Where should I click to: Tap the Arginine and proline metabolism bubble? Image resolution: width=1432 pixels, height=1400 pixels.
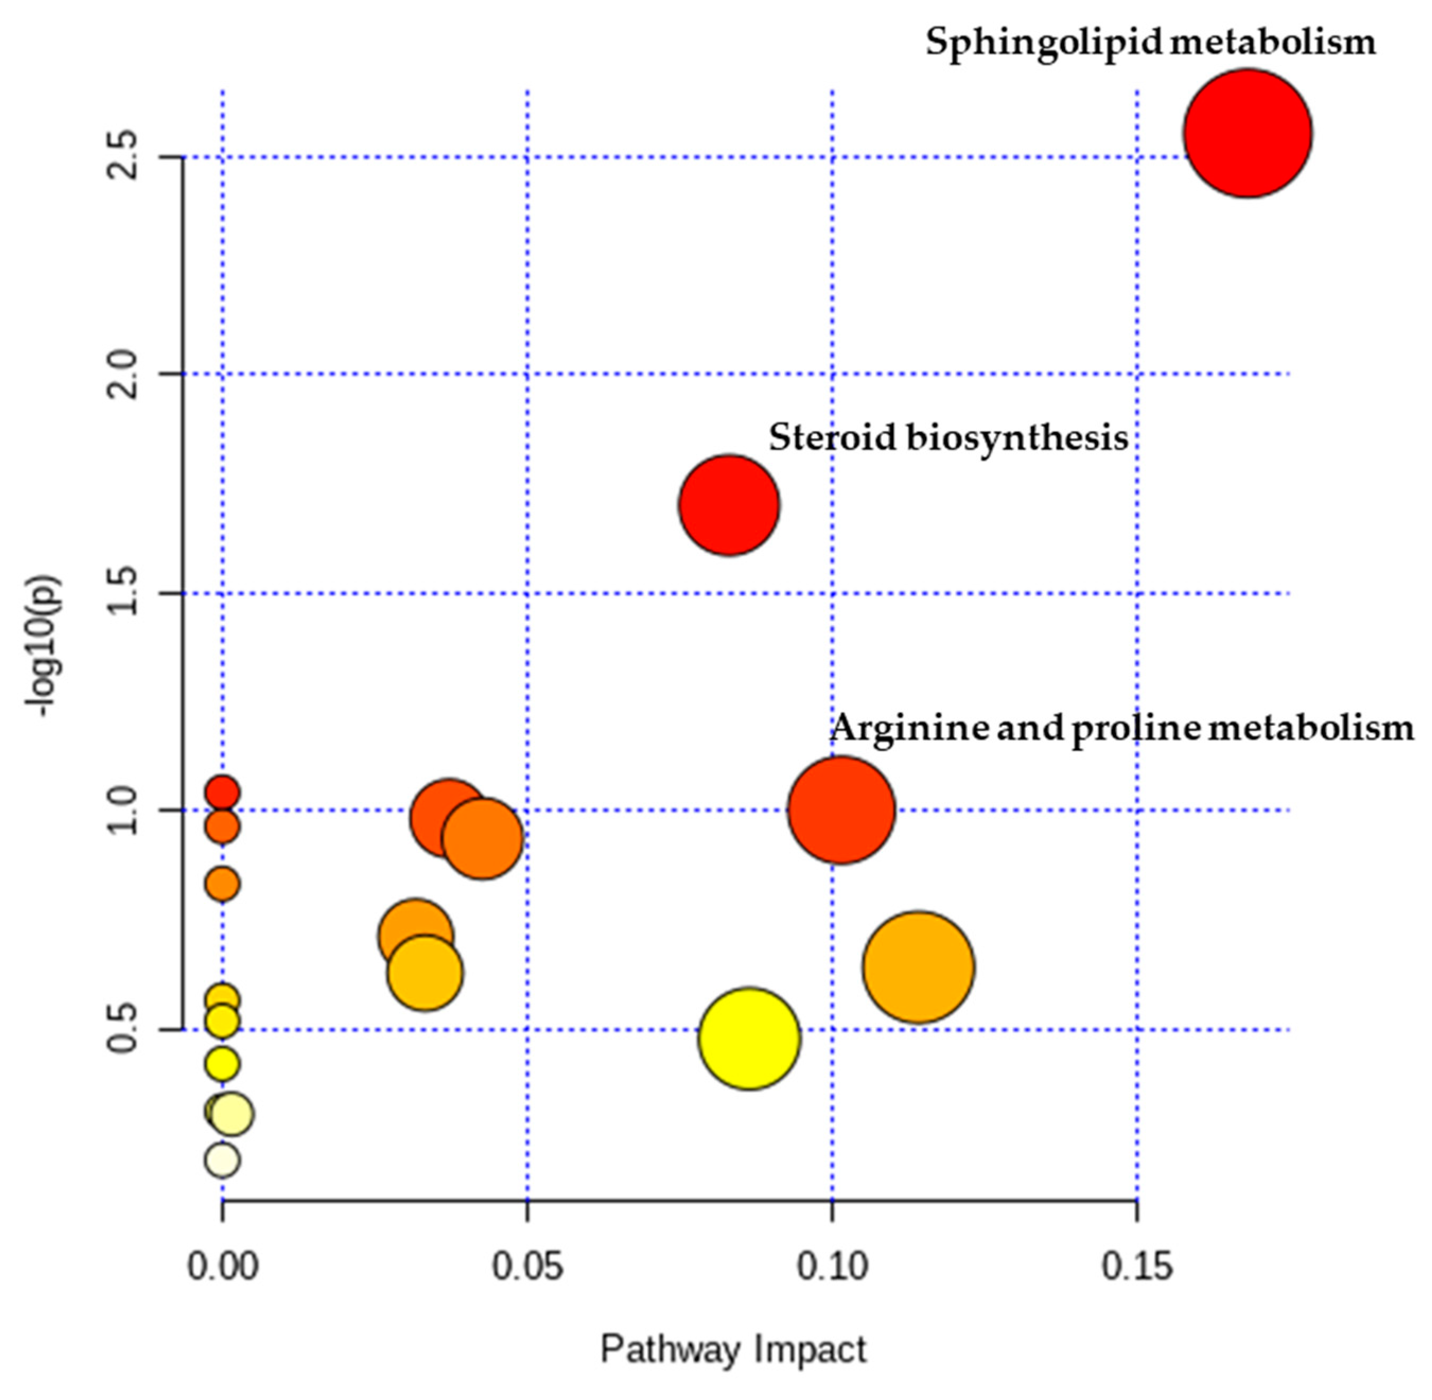tap(841, 809)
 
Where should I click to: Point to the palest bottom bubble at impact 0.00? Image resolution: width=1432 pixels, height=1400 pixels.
tap(222, 1159)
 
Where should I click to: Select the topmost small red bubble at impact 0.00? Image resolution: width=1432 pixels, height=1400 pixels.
tap(222, 793)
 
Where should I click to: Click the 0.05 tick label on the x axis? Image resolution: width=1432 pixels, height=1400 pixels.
tap(526, 1267)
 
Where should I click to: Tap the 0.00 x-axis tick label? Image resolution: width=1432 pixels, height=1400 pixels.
tap(222, 1267)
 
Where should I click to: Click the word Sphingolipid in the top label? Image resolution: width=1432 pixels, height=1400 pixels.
tap(1042, 42)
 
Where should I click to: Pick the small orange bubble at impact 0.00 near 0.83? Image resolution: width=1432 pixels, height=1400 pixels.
tap(222, 883)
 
